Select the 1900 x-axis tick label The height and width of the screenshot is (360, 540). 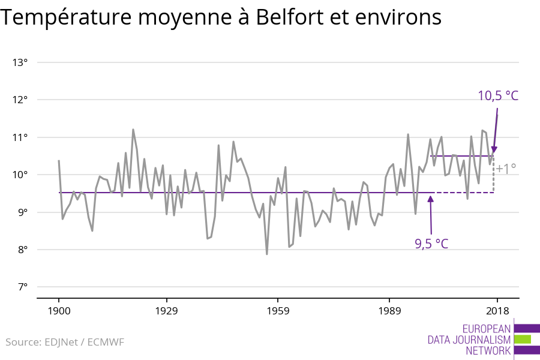point(59,311)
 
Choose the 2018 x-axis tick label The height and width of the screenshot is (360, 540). point(497,311)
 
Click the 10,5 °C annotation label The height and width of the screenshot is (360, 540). point(497,95)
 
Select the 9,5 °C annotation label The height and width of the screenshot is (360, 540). point(431,244)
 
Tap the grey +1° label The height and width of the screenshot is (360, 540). point(506,169)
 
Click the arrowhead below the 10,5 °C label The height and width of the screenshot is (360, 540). point(494,150)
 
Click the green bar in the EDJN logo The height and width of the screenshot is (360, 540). point(523,339)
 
